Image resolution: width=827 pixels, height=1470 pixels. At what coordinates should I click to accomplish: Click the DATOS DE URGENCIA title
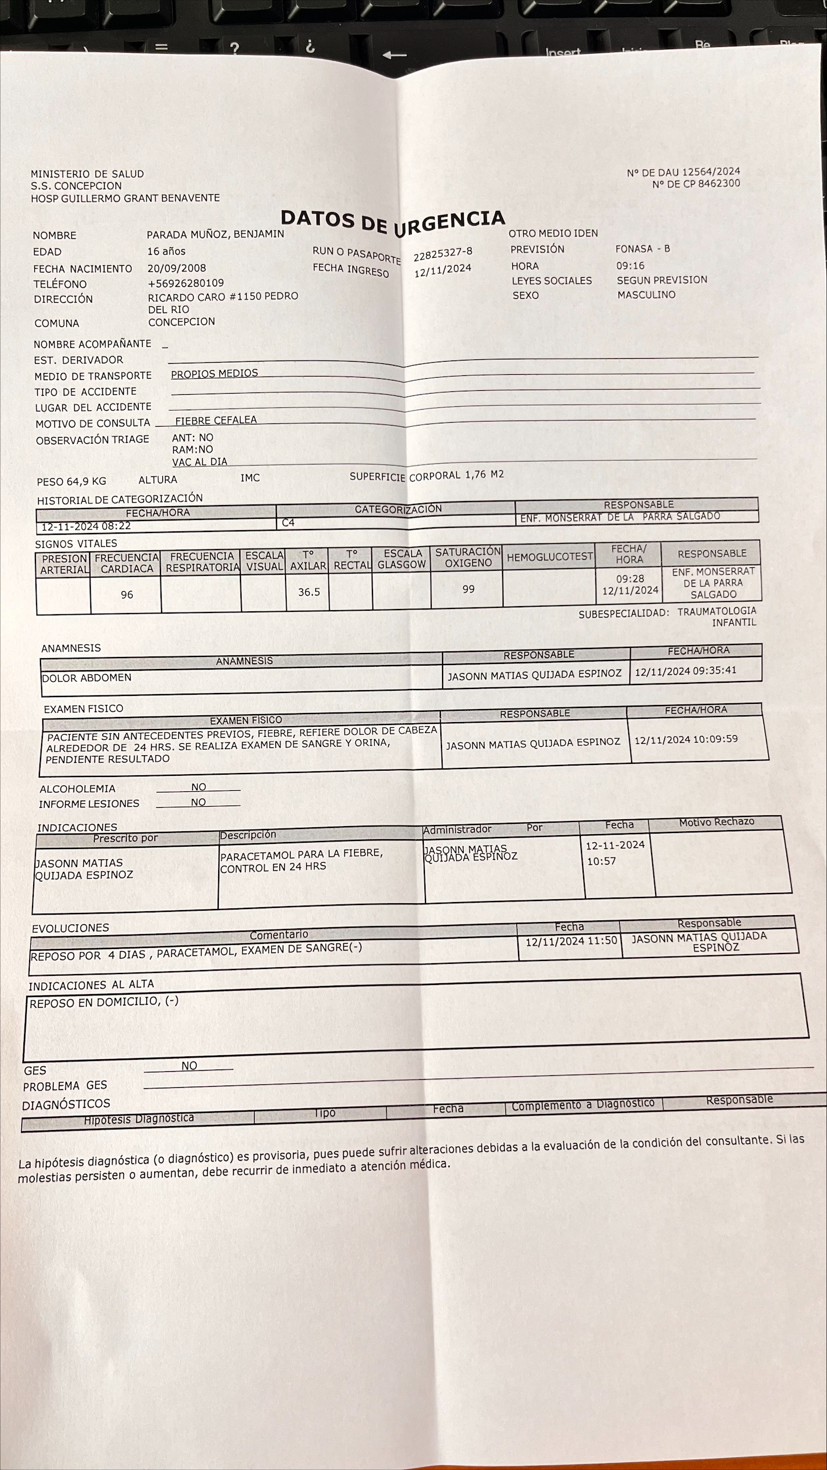393,222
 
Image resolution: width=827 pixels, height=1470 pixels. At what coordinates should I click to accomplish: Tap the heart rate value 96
127,595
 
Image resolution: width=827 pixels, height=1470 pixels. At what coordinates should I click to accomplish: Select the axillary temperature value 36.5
309,592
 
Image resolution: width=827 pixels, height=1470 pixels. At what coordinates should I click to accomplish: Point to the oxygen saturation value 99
468,589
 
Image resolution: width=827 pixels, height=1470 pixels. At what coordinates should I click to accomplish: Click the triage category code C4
288,522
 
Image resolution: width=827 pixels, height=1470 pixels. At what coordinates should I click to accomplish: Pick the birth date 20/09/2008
176,268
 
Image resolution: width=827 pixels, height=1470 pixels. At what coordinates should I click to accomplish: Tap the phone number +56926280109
186,283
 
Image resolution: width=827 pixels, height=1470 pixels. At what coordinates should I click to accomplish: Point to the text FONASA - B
643,249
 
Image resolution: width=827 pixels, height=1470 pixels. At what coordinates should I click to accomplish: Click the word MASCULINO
646,295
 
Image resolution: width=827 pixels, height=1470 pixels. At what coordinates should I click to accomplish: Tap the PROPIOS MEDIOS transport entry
215,373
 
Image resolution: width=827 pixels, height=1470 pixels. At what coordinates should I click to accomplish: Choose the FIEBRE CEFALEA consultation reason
216,420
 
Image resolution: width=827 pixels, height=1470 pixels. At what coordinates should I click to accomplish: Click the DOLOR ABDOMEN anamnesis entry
86,678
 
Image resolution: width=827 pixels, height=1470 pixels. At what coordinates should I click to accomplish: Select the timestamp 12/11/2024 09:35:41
685,671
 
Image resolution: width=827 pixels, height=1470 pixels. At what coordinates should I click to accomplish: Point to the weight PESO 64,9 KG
71,482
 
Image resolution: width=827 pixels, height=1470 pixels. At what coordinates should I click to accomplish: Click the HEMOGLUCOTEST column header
549,557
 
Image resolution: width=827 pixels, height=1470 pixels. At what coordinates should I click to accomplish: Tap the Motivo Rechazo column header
716,822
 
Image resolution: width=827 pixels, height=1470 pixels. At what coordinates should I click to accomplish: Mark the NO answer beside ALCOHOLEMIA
198,787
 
